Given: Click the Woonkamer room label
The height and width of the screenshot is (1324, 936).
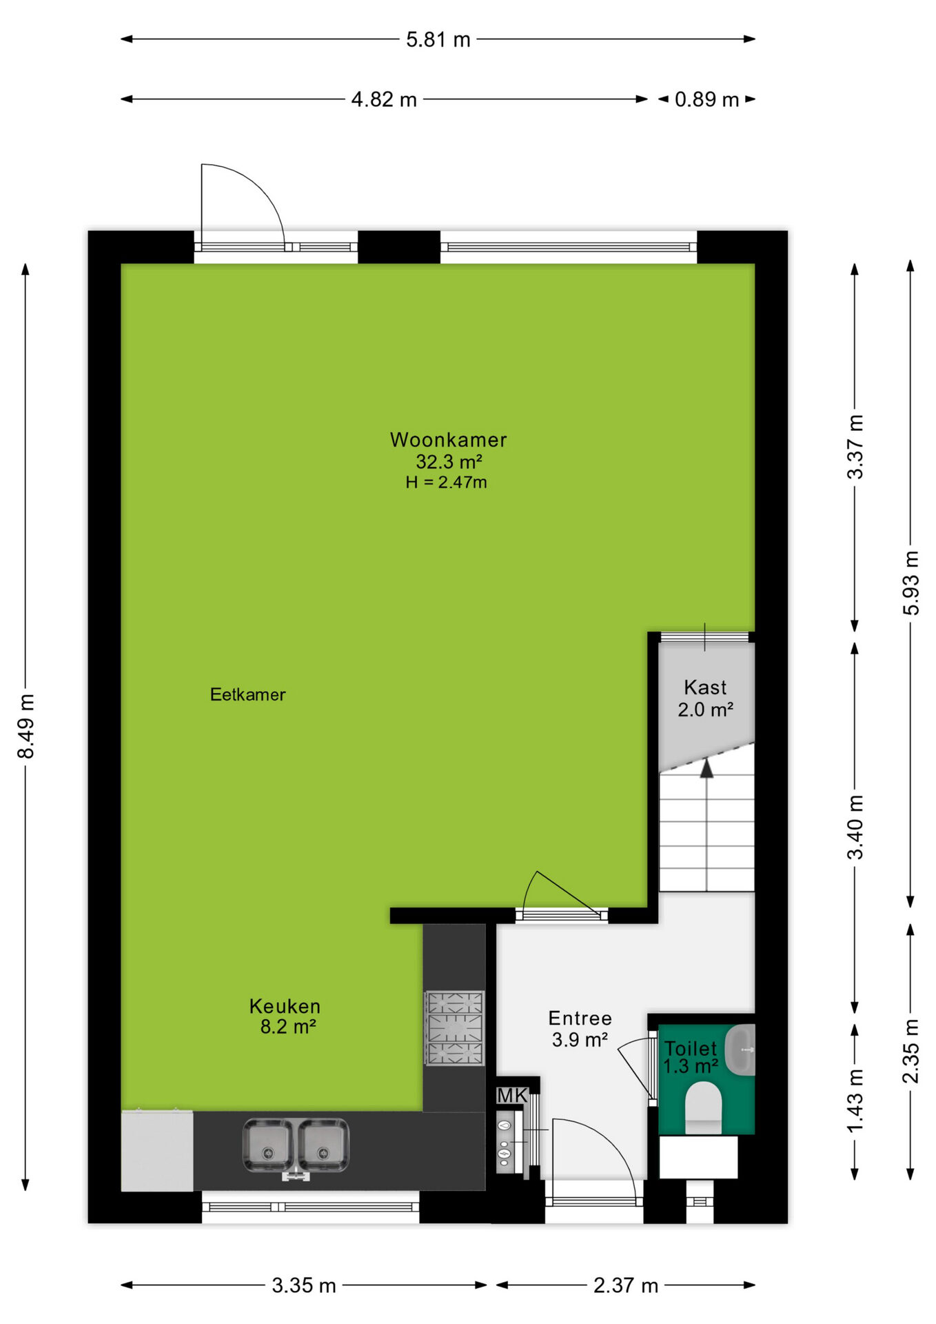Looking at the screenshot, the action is (448, 439).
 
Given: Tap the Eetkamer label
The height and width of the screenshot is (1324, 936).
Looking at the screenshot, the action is (247, 694).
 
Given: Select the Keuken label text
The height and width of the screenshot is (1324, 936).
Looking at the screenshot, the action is (285, 1006).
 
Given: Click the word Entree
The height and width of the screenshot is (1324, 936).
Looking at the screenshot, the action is (580, 1018).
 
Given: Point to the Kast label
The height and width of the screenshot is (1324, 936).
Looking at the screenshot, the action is (705, 688).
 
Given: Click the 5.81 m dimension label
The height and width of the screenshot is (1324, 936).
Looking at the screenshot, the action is (438, 40).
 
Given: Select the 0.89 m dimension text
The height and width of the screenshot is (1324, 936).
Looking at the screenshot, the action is (706, 99).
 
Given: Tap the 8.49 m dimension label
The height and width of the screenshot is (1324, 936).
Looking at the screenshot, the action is (26, 727).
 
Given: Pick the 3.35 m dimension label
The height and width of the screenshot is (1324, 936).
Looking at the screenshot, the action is (304, 1285).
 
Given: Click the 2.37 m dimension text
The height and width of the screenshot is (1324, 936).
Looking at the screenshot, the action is (626, 1285).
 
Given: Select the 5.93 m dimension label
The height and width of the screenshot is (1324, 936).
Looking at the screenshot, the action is (911, 583).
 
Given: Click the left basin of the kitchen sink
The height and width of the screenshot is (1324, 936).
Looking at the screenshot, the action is (267, 1145).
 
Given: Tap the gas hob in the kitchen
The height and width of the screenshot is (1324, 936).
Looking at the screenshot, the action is (455, 1028).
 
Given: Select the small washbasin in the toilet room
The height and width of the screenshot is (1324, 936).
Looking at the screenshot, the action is (741, 1050).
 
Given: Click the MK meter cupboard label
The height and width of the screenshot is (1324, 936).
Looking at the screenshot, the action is (512, 1095).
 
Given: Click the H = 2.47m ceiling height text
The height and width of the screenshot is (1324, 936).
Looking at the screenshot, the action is (446, 483).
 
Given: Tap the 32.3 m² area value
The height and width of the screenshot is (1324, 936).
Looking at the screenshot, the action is (449, 461).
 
